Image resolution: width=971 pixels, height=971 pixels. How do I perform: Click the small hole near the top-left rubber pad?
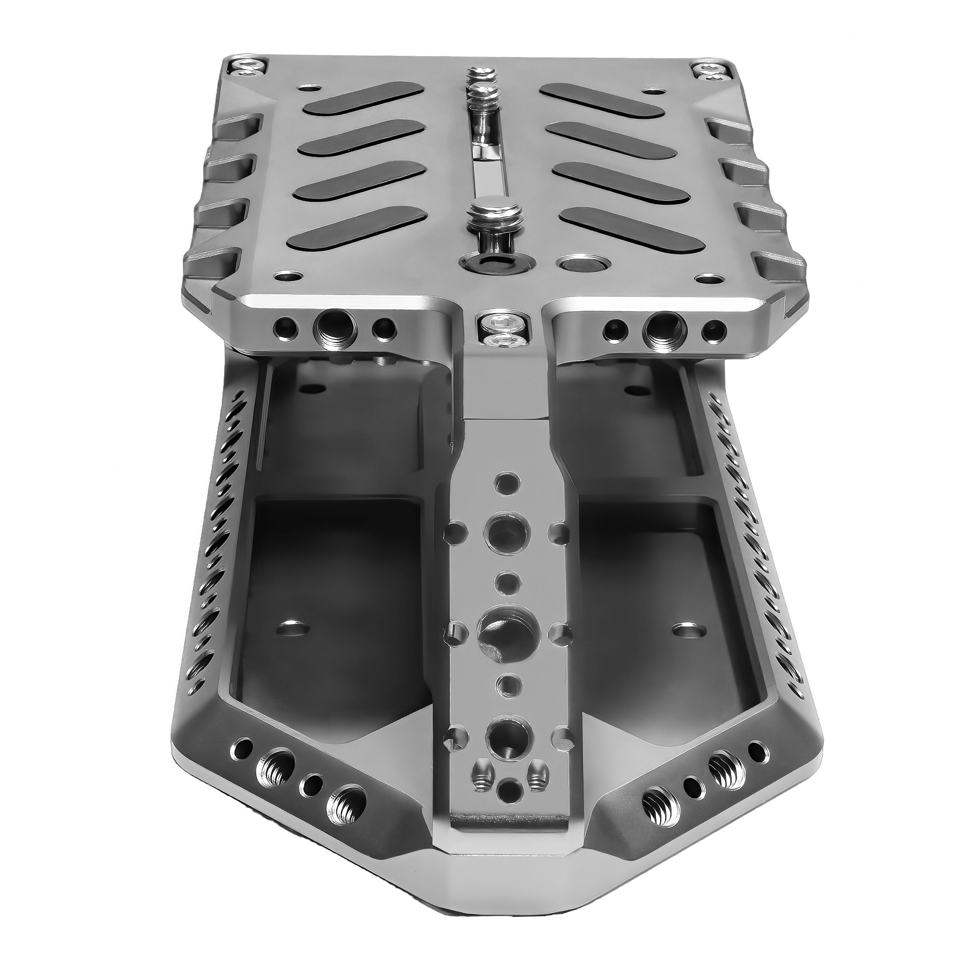click(307, 88)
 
